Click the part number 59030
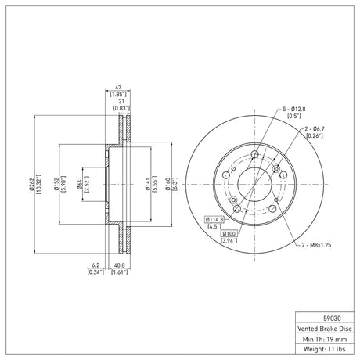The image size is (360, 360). coord(332,319)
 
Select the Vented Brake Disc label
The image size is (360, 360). coord(325,329)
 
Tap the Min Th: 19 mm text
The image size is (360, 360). coord(325,339)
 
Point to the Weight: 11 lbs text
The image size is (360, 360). coord(325,349)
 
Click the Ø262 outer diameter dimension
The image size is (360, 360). coord(32,184)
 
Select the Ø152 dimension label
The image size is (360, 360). coord(56,184)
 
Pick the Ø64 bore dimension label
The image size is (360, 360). coord(79,184)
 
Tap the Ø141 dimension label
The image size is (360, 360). coord(148,184)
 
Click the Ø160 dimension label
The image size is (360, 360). coord(168,184)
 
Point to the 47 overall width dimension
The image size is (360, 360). coord(118,87)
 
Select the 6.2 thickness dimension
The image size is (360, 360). coord(95,265)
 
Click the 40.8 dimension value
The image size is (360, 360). coord(120,265)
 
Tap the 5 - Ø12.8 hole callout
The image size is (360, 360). coord(294,109)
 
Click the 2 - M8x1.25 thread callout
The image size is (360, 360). coord(316,245)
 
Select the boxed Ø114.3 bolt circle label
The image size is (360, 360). coord(214,219)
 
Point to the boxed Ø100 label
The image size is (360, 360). coord(229,233)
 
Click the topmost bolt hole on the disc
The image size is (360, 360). coord(254,154)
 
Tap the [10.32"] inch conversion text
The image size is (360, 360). coord(38,184)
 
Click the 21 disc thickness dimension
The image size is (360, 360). coord(121,101)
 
